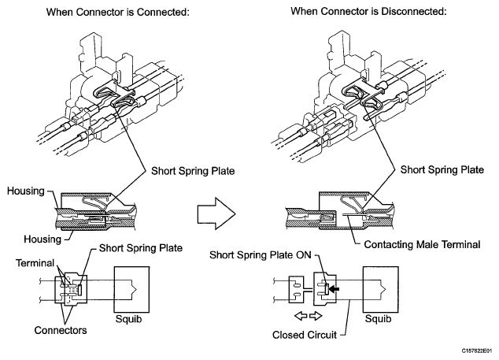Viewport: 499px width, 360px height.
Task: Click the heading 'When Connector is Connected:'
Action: [118, 12]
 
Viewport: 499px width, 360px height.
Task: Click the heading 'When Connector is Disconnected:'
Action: [368, 12]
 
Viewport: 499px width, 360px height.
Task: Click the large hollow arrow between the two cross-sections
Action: [216, 213]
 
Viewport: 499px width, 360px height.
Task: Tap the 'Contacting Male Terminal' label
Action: [422, 244]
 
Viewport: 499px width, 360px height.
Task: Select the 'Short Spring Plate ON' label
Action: [261, 255]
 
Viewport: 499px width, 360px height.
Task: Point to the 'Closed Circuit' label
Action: [305, 335]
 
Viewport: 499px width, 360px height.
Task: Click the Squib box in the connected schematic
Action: [131, 290]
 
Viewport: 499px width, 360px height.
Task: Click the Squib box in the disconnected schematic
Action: [381, 290]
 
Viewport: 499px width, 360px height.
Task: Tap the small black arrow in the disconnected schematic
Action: [334, 289]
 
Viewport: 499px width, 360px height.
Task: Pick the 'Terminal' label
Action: [35, 263]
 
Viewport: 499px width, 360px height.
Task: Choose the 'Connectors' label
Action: [61, 330]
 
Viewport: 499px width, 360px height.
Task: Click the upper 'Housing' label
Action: [26, 191]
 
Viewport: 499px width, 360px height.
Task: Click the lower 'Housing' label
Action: [43, 239]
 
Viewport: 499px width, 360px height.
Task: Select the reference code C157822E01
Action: [477, 351]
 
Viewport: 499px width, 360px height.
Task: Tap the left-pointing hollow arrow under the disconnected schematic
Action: [301, 316]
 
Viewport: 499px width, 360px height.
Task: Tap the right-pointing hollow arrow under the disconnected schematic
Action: [316, 316]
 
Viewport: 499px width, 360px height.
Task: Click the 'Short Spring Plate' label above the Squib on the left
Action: [141, 248]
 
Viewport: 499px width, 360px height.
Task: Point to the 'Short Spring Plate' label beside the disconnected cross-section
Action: [442, 170]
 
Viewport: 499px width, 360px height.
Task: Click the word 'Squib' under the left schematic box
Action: [128, 319]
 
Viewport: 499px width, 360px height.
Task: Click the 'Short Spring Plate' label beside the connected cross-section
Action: [193, 171]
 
